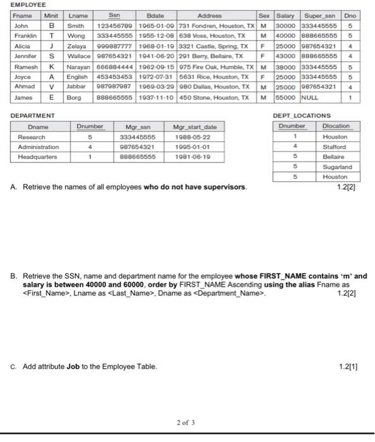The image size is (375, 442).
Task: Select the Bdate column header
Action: point(155,15)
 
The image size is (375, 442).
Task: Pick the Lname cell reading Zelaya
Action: point(77,46)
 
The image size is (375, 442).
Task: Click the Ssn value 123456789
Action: point(114,26)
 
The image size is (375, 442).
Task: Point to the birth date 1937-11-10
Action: point(155,98)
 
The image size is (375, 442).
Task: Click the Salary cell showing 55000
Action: point(285,98)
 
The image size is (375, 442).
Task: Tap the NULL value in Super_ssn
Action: point(309,98)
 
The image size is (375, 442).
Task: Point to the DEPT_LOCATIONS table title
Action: point(301,116)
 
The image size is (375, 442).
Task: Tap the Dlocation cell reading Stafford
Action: point(334,146)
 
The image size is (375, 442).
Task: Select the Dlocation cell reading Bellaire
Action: point(334,157)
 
